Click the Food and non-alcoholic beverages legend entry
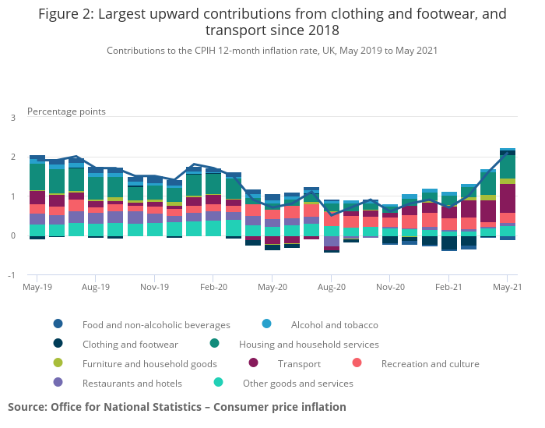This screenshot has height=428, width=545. (156, 324)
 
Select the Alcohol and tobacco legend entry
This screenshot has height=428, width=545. (334, 324)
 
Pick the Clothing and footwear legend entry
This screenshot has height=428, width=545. (130, 344)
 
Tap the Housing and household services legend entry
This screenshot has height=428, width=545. (308, 344)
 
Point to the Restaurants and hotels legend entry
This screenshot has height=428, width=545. (132, 383)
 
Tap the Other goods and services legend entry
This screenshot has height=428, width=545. (297, 383)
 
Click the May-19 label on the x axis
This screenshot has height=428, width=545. (37, 288)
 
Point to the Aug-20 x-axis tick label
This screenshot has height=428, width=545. (331, 288)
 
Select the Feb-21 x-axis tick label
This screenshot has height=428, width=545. (449, 288)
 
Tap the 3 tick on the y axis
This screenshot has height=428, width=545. (12, 118)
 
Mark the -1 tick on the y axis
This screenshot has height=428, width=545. (11, 275)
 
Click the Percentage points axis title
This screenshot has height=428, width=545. (66, 111)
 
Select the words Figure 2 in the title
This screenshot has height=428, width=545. (69, 13)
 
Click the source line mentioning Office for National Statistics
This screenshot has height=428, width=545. (177, 407)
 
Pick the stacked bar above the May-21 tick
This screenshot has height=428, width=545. (508, 194)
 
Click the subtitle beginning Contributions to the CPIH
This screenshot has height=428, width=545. (272, 51)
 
